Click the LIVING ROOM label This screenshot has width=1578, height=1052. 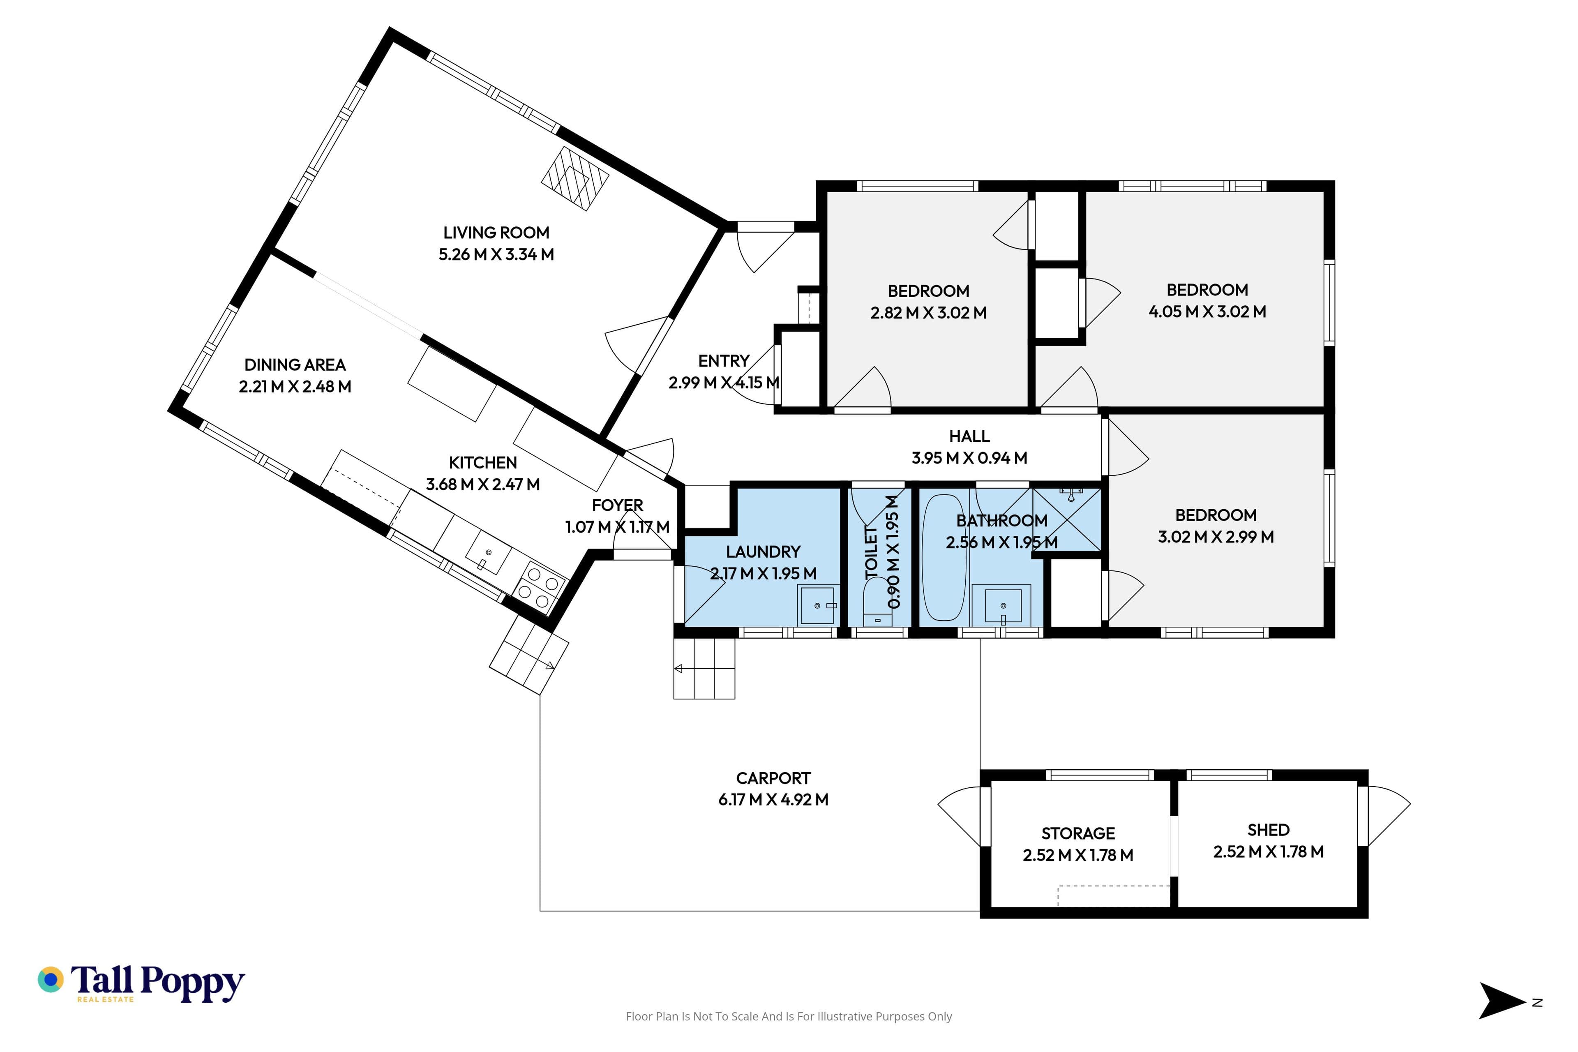496,233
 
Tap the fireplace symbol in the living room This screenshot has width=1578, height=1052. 575,178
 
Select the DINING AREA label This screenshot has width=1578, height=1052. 295,365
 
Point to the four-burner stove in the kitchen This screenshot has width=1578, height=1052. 540,588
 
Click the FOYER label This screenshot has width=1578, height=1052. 617,505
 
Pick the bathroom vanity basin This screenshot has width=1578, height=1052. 1002,605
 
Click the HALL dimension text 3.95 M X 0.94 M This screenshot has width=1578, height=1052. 969,458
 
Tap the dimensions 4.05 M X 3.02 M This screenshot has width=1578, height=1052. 1207,312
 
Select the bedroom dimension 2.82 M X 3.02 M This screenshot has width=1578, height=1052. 929,313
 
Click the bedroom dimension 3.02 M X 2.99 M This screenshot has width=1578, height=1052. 1216,537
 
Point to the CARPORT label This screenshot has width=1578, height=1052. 773,778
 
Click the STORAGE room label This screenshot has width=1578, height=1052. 1078,834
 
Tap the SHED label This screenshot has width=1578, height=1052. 1269,831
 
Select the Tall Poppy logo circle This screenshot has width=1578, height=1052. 50,980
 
